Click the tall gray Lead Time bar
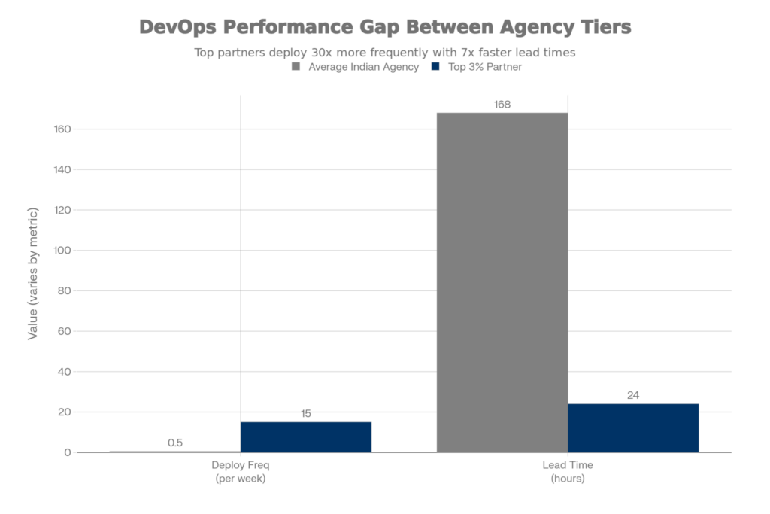pyautogui.click(x=502, y=282)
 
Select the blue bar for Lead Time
pyautogui.click(x=633, y=427)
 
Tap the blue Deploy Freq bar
pyautogui.click(x=305, y=436)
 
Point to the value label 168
pyautogui.click(x=502, y=105)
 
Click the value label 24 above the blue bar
pyautogui.click(x=633, y=395)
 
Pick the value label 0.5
pyautogui.click(x=174, y=443)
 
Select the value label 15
pyautogui.click(x=305, y=413)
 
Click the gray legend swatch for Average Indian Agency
pyautogui.click(x=296, y=67)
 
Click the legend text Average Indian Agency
pyautogui.click(x=363, y=67)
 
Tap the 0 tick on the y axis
pyautogui.click(x=68, y=453)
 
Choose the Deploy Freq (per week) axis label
pyautogui.click(x=240, y=472)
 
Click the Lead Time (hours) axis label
pyautogui.click(x=568, y=472)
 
